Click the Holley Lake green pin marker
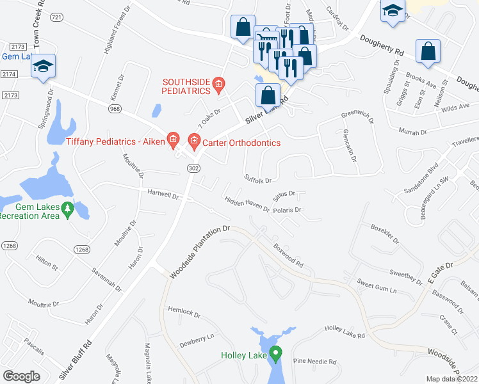pos(276,353)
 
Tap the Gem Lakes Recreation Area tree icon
pos(83,207)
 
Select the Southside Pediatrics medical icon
pos(219,83)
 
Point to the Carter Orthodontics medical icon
pos(194,139)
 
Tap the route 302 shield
pos(193,168)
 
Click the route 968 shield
pos(115,109)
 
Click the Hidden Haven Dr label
pos(247,204)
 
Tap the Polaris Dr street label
pos(286,210)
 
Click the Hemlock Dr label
pos(184,312)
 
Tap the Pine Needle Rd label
pos(314,362)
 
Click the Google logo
pos(21,376)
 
